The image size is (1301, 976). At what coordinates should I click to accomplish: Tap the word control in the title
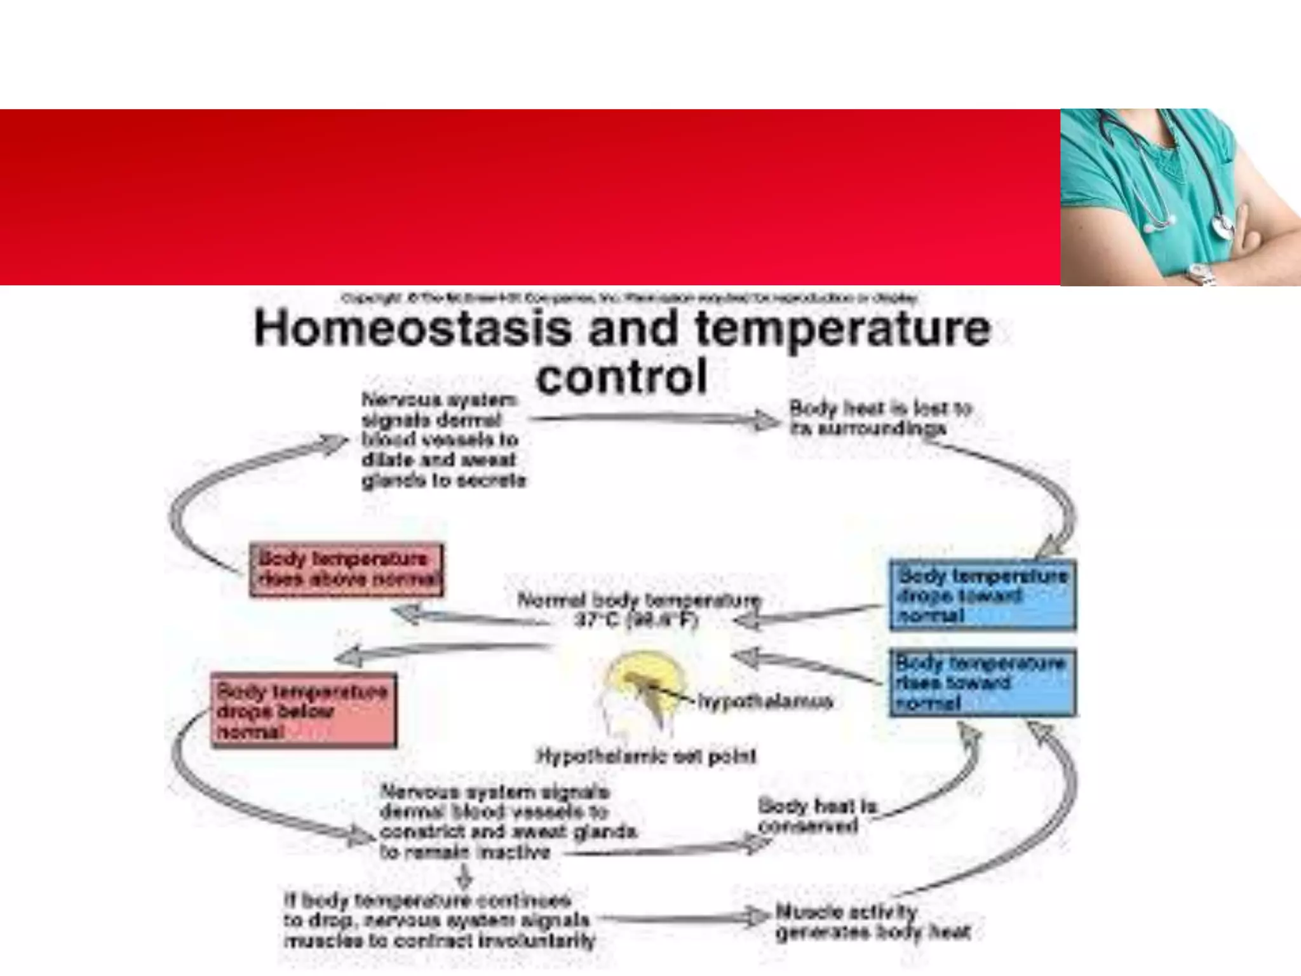click(621, 376)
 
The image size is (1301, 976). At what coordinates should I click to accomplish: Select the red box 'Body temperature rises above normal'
click(346, 569)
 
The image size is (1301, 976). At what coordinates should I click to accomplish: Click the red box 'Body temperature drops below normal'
click(304, 710)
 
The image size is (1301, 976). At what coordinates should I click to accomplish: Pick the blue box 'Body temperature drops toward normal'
click(982, 595)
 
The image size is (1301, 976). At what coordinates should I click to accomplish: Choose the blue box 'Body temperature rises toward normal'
click(982, 682)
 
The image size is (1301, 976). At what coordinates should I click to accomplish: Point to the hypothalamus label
click(765, 701)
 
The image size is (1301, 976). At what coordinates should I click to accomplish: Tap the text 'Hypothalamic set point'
click(647, 756)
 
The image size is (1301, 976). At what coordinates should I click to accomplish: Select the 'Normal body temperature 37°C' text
click(638, 609)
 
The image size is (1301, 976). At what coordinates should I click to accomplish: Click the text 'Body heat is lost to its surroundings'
click(880, 417)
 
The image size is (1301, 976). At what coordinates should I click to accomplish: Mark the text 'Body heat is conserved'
click(816, 816)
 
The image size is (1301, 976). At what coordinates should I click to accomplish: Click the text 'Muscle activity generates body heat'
click(872, 923)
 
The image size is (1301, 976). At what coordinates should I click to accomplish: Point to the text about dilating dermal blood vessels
click(443, 440)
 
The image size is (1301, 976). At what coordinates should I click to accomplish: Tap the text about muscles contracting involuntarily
click(438, 920)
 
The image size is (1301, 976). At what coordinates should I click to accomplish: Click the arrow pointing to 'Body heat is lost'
click(654, 419)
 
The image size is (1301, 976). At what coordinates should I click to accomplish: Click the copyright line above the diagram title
click(629, 297)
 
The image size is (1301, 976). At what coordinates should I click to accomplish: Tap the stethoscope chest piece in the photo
click(1222, 226)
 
